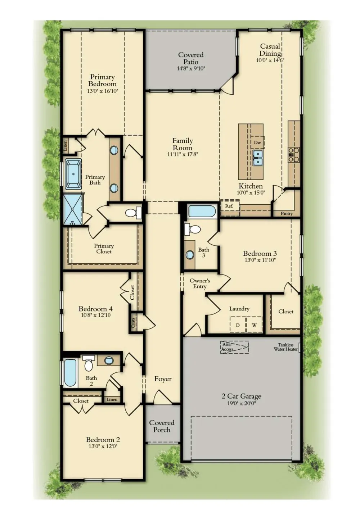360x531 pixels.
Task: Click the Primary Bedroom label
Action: pos(103,80)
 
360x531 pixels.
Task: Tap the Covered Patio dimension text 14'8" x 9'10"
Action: pos(191,69)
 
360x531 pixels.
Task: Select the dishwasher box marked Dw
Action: pos(257,142)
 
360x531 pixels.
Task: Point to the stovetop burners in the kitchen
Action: pos(294,155)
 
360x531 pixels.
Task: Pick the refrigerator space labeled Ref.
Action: pos(229,207)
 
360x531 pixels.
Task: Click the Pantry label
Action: pos(287,214)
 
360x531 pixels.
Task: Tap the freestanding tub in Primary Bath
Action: pos(73,174)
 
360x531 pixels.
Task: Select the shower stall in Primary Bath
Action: pos(72,209)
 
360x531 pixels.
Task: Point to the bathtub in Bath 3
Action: pos(202,211)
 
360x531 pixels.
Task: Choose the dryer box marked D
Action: pos(238,325)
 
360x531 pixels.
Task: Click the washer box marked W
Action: pos(255,325)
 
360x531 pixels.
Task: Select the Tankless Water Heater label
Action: pos(286,347)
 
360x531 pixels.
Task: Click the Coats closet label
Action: pos(133,323)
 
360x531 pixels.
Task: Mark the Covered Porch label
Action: pos(162,426)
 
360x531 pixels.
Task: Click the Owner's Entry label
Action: pos(200,283)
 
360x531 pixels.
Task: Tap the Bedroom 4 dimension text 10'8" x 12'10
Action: pos(95,315)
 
